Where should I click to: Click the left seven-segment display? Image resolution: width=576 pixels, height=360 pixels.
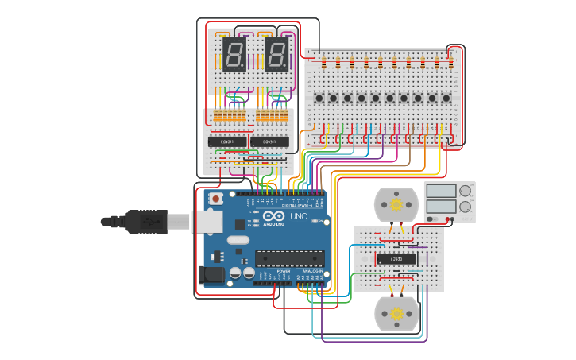click(x=234, y=55)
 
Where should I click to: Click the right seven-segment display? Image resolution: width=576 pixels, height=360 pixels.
click(x=276, y=55)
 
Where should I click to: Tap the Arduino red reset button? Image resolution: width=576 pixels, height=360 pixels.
click(x=215, y=199)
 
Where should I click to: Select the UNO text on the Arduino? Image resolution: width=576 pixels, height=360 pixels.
click(x=298, y=216)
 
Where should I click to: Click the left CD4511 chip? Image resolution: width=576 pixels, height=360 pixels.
click(x=227, y=141)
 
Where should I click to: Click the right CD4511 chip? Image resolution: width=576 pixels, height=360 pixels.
click(x=270, y=141)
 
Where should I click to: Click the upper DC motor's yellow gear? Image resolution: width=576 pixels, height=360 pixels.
click(x=396, y=205)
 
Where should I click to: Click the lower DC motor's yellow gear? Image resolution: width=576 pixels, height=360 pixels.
click(x=396, y=314)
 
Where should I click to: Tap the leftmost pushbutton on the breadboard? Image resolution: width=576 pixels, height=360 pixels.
click(x=319, y=99)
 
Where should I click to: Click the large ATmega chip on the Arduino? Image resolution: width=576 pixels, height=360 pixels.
click(x=289, y=257)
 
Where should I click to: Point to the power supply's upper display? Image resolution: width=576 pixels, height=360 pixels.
click(x=441, y=191)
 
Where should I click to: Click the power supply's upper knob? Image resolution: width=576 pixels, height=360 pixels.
click(x=465, y=191)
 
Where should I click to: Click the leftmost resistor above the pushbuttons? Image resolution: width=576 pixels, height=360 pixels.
click(x=322, y=63)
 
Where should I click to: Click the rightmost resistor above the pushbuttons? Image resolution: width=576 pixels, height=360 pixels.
click(x=451, y=63)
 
